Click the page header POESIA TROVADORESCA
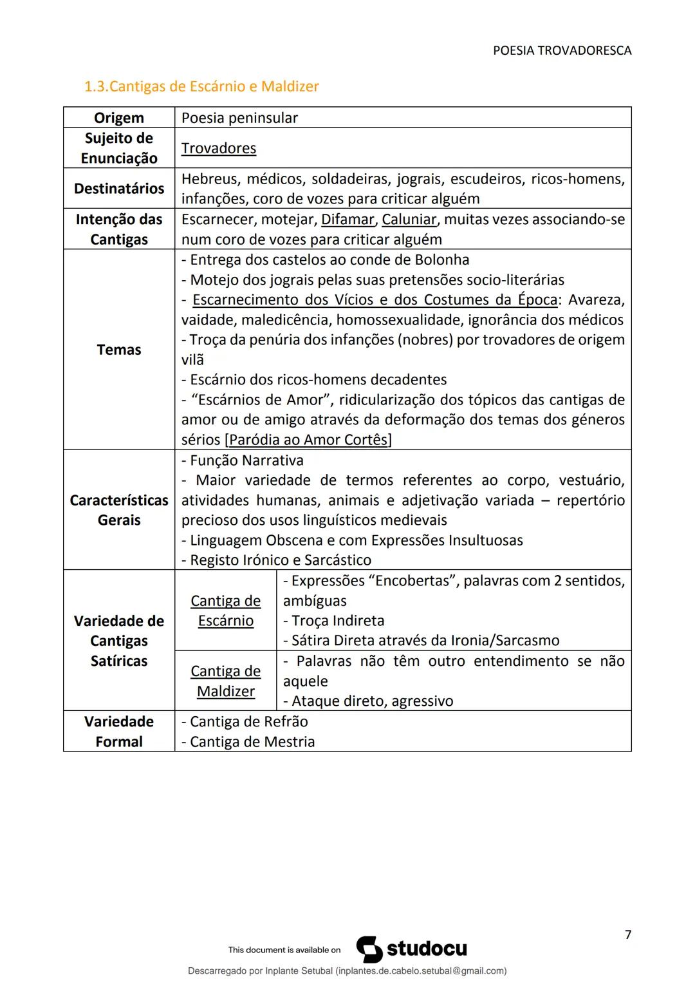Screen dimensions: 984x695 coord(562,50)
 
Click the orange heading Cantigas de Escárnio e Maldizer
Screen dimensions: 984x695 coord(201,86)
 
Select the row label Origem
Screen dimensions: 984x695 coord(119,118)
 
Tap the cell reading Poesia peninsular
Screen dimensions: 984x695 coord(239,118)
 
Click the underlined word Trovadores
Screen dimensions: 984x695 coord(218,148)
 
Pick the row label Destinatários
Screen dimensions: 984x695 coord(119,189)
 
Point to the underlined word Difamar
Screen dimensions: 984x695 coord(347,220)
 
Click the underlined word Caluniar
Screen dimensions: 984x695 coord(409,220)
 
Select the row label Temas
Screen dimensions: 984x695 coord(119,350)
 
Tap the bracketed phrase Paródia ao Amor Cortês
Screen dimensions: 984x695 coord(308,440)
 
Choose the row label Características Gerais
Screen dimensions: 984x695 coord(119,510)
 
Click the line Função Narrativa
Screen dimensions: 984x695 coord(243,460)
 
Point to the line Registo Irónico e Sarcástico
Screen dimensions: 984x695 coord(277,560)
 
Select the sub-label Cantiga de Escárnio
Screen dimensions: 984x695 coord(225,610)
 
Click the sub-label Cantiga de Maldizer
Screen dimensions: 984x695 coord(225,681)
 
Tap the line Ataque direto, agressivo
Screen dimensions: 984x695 coord(368,701)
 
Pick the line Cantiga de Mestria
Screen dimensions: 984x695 coord(248,742)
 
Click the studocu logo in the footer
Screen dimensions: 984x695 coord(412,949)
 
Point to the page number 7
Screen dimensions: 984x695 coord(628,934)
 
